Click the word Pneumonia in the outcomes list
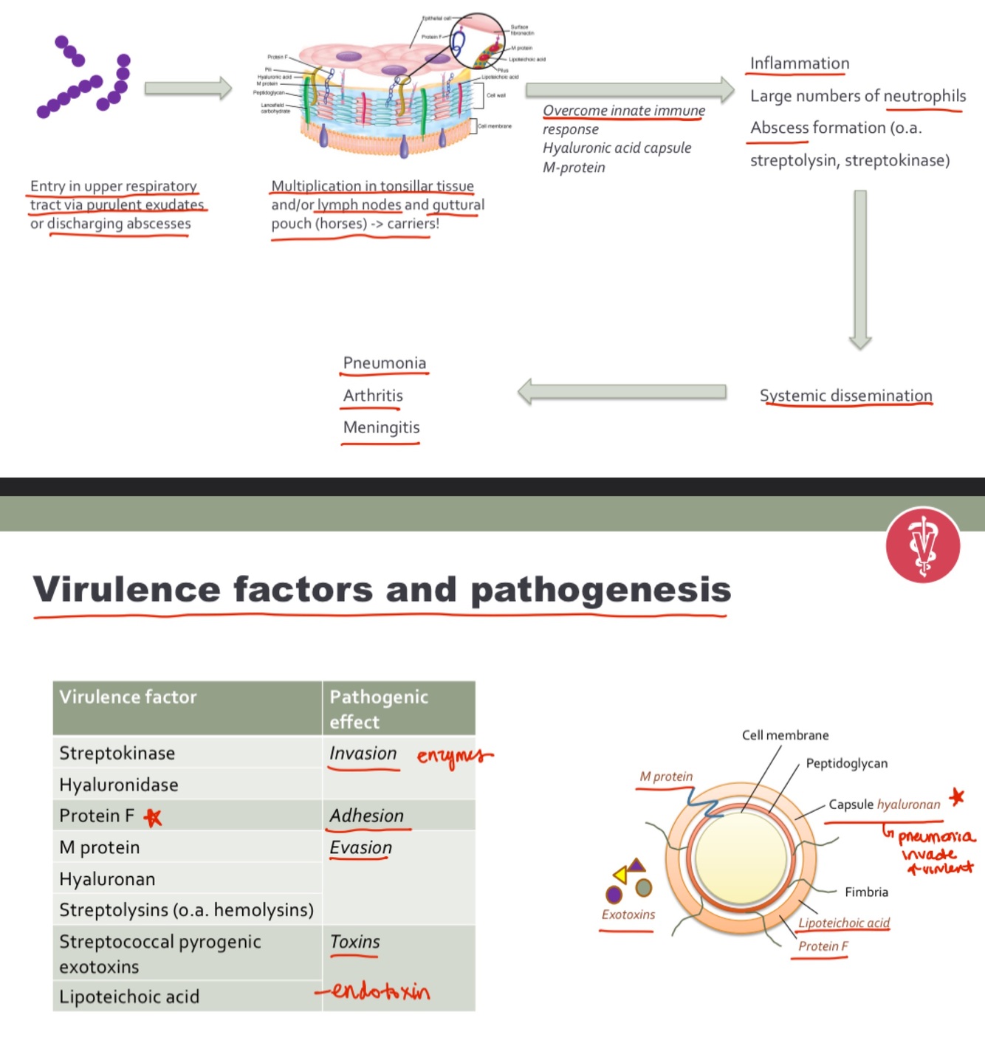pyautogui.click(x=384, y=363)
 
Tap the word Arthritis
pyautogui.click(x=373, y=396)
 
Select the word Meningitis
pyautogui.click(x=381, y=427)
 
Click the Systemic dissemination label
pyautogui.click(x=845, y=396)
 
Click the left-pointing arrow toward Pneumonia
pyautogui.click(x=622, y=391)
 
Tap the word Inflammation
pyautogui.click(x=800, y=63)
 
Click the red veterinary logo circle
pyautogui.click(x=923, y=545)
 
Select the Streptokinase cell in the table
pyautogui.click(x=117, y=753)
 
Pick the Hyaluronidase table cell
pyautogui.click(x=119, y=785)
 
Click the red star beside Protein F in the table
pyautogui.click(x=153, y=817)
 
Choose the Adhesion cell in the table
pyautogui.click(x=366, y=816)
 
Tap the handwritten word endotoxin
pyautogui.click(x=379, y=991)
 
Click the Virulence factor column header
pyautogui.click(x=128, y=697)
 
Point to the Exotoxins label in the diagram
pyautogui.click(x=628, y=915)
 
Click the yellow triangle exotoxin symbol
pyautogui.click(x=620, y=875)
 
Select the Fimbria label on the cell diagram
pyautogui.click(x=866, y=892)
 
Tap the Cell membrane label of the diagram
pyautogui.click(x=785, y=735)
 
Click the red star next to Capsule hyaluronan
pyautogui.click(x=957, y=797)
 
